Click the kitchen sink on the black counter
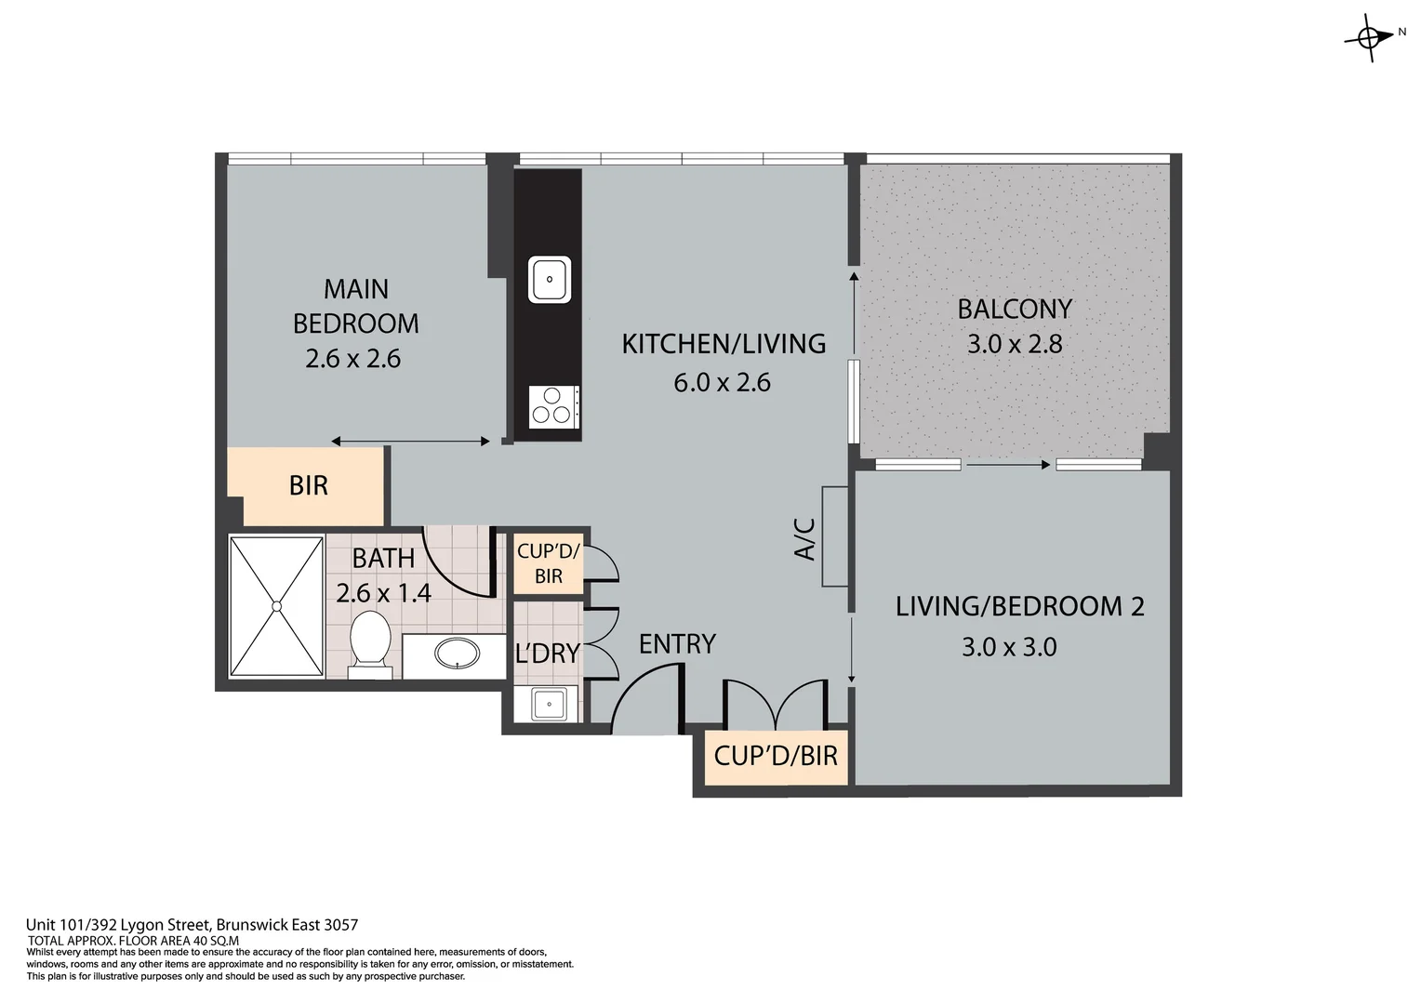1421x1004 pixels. [x=550, y=279]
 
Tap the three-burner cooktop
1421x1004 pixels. [x=553, y=406]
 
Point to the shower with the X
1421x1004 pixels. [x=276, y=606]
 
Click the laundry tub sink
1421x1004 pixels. [x=549, y=704]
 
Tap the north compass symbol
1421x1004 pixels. [x=1369, y=39]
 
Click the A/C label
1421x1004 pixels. [x=804, y=539]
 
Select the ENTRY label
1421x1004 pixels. [x=677, y=644]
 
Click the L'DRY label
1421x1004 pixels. [x=548, y=654]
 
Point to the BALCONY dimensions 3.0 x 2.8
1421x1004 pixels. [x=1014, y=344]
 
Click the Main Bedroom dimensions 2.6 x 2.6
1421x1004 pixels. [x=352, y=359]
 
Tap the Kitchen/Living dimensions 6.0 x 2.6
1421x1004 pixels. [x=722, y=382]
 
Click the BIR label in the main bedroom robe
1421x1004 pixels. [x=309, y=486]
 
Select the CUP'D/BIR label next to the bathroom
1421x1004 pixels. [x=549, y=563]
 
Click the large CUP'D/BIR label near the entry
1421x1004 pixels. [x=776, y=756]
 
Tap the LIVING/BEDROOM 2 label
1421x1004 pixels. [x=1019, y=606]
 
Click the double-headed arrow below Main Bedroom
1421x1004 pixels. [x=410, y=442]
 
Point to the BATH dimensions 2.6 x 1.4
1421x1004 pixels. [x=383, y=593]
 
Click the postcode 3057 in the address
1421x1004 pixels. [x=341, y=925]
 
